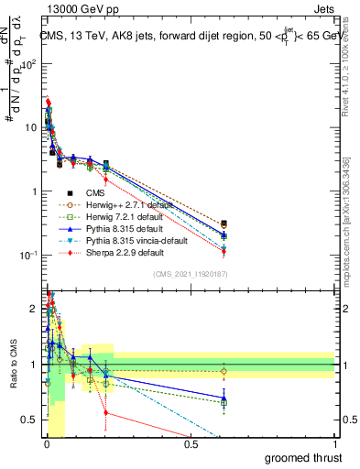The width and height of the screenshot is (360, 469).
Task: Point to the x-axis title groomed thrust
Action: pyautogui.click(x=302, y=457)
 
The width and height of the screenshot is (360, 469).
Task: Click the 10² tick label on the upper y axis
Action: pyautogui.click(x=28, y=65)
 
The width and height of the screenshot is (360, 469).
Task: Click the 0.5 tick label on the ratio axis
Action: pyautogui.click(x=28, y=420)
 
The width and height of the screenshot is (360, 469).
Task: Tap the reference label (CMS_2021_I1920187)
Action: pyautogui.click(x=191, y=274)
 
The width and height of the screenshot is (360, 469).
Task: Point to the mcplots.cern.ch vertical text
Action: pyautogui.click(x=345, y=220)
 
